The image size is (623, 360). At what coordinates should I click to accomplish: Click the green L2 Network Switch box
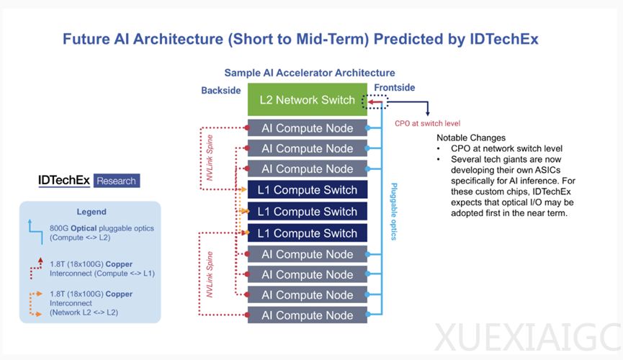[x=307, y=100]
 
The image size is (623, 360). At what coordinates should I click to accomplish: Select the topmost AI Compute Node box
[x=307, y=128]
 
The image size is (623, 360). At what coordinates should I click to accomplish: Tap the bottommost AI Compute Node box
[x=307, y=315]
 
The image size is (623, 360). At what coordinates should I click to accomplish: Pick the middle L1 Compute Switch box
[x=307, y=212]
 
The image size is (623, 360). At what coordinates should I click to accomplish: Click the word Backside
[x=220, y=91]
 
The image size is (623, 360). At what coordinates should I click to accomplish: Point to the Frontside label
[x=394, y=88]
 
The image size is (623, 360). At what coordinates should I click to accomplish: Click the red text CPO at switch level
[x=427, y=123]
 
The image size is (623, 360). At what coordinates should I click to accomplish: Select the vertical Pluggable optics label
[x=393, y=210]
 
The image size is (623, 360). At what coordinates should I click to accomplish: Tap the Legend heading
[x=91, y=212]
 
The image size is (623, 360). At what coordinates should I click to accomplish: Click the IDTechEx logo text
[x=64, y=180]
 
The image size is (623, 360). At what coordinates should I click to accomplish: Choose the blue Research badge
[x=116, y=181]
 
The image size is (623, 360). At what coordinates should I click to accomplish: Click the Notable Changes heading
[x=471, y=138]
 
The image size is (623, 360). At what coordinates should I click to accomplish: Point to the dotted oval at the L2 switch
[x=375, y=102]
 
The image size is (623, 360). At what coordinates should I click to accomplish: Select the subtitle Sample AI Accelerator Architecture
[x=309, y=73]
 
